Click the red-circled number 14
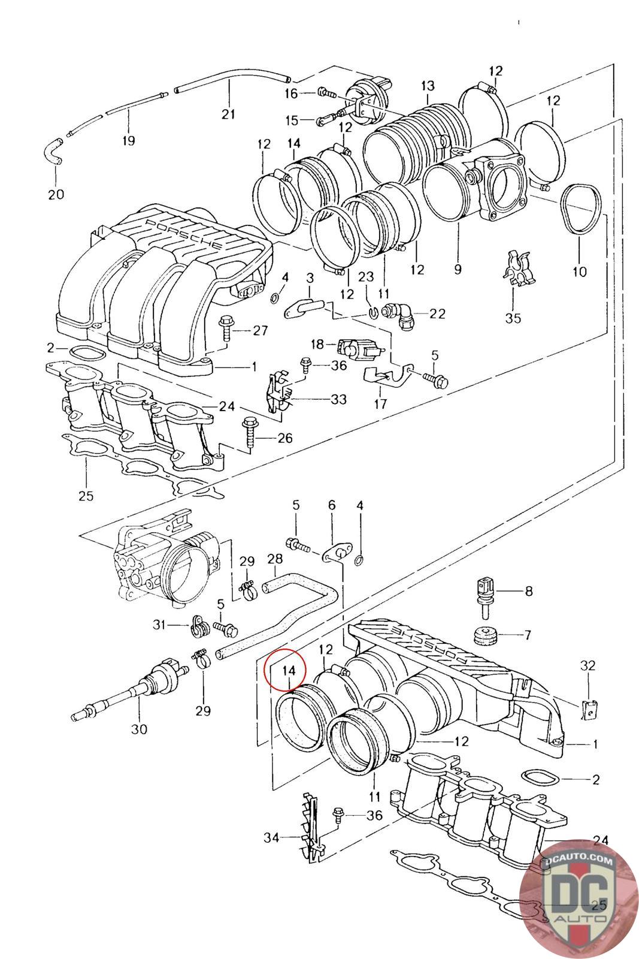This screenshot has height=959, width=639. tap(289, 671)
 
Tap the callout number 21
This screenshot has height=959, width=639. tap(228, 114)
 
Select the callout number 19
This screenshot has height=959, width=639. tap(128, 140)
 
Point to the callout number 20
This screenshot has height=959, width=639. tap(56, 194)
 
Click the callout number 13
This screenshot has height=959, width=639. tap(427, 86)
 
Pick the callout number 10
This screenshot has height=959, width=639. tap(580, 272)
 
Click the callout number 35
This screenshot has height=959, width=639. tap(513, 318)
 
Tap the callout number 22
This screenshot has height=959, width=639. tap(437, 314)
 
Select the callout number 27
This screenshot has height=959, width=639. tap(261, 330)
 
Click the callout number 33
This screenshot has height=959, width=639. tap(339, 399)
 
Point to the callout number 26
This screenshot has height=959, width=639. tap(285, 438)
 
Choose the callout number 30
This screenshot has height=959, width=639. tap(139, 729)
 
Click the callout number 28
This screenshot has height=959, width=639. tap(275, 559)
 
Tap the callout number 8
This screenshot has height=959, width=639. tap(529, 591)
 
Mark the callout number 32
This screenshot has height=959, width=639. tap(587, 665)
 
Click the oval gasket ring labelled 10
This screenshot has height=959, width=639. tap(582, 209)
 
